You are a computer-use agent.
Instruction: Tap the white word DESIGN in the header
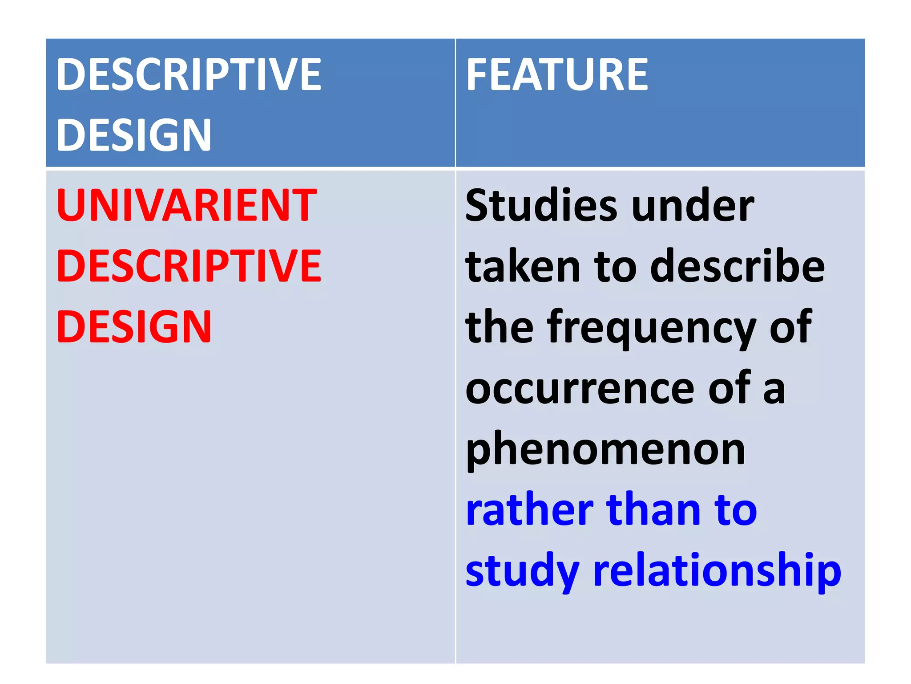click(x=134, y=135)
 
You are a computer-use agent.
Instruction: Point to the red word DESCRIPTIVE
click(x=189, y=266)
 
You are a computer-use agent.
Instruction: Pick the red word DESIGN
click(x=134, y=327)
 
